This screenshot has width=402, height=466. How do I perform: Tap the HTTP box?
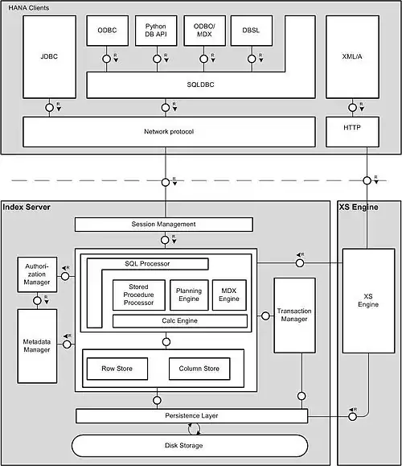point(351,131)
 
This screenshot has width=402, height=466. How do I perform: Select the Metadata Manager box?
point(37,344)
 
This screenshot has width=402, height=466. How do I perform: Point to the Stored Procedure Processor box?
point(139,295)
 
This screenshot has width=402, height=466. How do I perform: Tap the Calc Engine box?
point(179,321)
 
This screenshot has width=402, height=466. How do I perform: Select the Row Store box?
point(117,369)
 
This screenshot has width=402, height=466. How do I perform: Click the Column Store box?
point(199,369)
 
